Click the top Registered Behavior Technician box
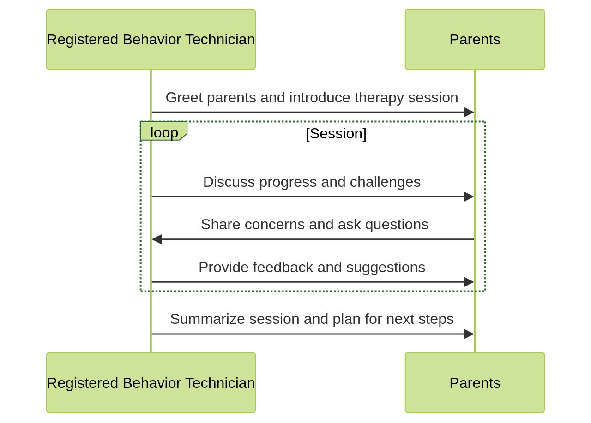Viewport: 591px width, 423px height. pyautogui.click(x=151, y=39)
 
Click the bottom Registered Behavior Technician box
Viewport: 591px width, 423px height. pyautogui.click(x=151, y=383)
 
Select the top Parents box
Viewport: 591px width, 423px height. pyautogui.click(x=475, y=39)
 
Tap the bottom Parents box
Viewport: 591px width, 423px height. pyautogui.click(x=475, y=383)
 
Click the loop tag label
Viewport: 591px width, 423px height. pyautogui.click(x=164, y=132)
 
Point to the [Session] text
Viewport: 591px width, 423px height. pyautogui.click(x=336, y=133)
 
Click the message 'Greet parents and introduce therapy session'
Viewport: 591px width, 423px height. pyautogui.click(x=312, y=98)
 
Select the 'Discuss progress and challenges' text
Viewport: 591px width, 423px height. pyautogui.click(x=312, y=182)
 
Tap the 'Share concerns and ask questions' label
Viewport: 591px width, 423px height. pyautogui.click(x=314, y=225)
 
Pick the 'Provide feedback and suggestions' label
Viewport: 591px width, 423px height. pyautogui.click(x=312, y=268)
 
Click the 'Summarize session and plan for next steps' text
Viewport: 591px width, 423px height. pyautogui.click(x=312, y=319)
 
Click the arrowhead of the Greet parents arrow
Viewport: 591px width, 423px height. pyautogui.click(x=469, y=112)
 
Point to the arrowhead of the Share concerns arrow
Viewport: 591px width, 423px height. pyautogui.click(x=157, y=239)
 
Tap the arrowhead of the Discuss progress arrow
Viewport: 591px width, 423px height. pyautogui.click(x=469, y=197)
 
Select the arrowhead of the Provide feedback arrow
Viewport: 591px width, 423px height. pyautogui.click(x=469, y=282)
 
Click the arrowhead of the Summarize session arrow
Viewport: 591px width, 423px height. pyautogui.click(x=469, y=334)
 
